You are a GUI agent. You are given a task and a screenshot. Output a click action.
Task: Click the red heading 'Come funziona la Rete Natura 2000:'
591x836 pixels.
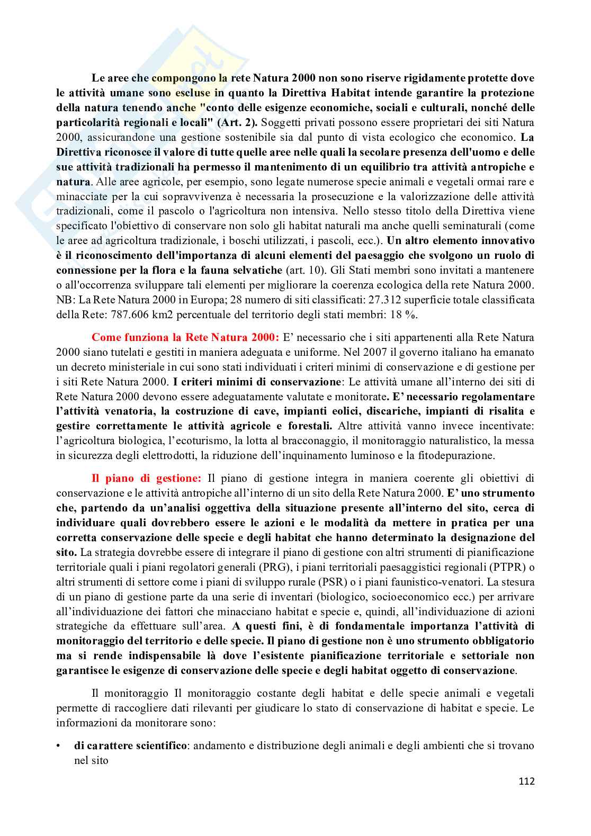click(185, 337)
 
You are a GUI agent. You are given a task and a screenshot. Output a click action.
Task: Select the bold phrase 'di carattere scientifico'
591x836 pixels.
click(130, 745)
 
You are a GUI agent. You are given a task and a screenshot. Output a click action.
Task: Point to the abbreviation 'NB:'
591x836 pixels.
click(66, 300)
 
